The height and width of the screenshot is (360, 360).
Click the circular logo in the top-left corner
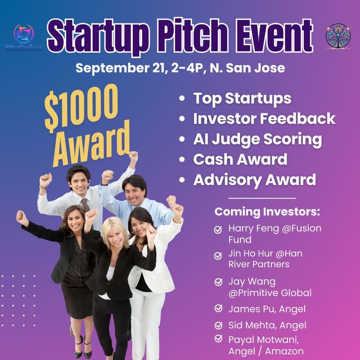pyautogui.click(x=23, y=34)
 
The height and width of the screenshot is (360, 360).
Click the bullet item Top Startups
pyautogui.click(x=242, y=99)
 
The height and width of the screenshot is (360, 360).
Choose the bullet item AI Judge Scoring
pyautogui.click(x=257, y=139)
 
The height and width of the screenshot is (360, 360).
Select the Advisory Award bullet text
pyautogui.click(x=254, y=180)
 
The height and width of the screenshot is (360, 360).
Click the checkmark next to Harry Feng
pyautogui.click(x=218, y=229)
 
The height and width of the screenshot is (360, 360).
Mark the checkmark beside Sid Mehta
pyautogui.click(x=218, y=325)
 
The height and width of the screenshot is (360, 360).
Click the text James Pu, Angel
pyautogui.click(x=261, y=309)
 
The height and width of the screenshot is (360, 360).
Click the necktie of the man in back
pyautogui.click(x=85, y=205)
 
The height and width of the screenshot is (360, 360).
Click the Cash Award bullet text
pyautogui.click(x=240, y=159)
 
